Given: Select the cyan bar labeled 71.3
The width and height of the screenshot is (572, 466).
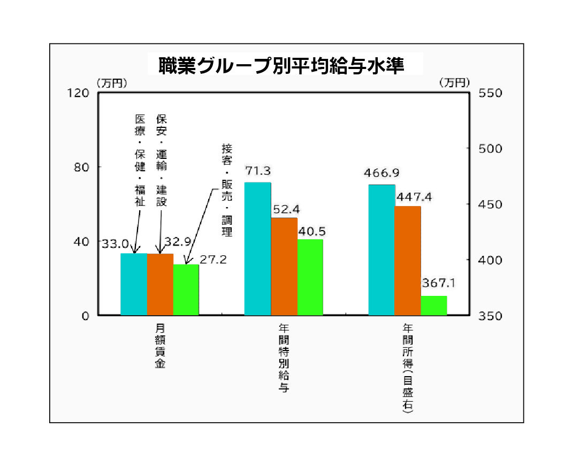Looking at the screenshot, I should pos(257,249).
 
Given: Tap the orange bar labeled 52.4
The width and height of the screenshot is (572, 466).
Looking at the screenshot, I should pos(284,266).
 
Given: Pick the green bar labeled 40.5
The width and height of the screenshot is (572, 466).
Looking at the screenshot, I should pos(310,277).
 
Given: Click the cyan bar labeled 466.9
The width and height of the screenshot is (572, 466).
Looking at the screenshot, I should pos(382,250).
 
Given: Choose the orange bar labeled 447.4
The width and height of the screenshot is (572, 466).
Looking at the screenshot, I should pos(408,261).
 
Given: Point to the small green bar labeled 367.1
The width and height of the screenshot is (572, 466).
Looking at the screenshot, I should pos(434,305).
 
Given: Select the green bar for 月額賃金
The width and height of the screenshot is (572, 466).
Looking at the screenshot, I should pos(186,289).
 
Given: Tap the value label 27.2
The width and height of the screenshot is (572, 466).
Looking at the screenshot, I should pos(213,260).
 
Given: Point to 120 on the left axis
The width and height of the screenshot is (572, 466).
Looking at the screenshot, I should pos(78,93).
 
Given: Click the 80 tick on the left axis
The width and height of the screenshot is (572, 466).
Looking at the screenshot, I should pos(81,167).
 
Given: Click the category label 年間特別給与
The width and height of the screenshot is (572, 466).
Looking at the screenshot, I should pos(284,357).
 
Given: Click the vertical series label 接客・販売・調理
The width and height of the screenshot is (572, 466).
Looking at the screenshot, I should pos(227,190).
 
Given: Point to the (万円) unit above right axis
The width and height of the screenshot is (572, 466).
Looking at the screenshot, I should pos(454,82).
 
